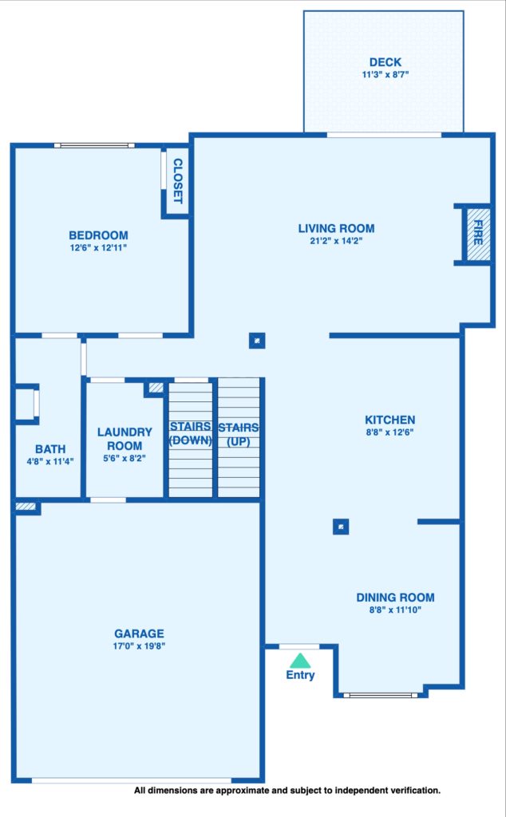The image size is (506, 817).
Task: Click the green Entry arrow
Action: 300,661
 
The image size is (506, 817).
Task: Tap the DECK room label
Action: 385,62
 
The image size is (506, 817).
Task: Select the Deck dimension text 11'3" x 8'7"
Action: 385,74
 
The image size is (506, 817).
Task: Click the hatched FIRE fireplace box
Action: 478,235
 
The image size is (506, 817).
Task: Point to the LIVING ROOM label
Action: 336,228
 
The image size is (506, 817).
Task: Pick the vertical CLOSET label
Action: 178,181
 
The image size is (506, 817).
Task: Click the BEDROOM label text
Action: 98,235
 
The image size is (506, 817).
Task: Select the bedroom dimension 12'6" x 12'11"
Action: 98,248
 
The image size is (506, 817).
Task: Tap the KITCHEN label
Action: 389,420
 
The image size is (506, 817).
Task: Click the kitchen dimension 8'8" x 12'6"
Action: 389,432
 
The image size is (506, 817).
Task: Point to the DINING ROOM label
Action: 395,598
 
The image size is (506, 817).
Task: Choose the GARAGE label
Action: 139,633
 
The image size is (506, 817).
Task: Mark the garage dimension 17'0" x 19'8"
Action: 139,646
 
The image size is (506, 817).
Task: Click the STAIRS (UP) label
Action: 238,435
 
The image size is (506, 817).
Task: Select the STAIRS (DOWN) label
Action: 190,433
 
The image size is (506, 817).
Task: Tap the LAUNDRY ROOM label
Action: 125,439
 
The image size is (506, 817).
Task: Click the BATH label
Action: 50,449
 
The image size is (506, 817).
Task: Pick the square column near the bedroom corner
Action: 257,341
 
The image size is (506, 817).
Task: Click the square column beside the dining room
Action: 341,527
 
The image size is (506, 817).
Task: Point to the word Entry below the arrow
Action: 300,675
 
